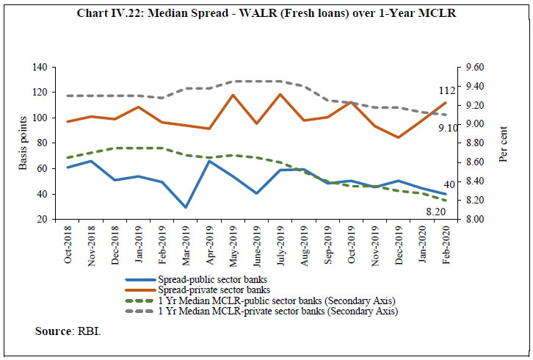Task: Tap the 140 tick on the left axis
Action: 38,68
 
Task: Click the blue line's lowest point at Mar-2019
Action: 186,207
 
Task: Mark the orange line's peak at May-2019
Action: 233,95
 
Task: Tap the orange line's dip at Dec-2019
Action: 398,137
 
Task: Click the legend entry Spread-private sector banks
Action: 213,290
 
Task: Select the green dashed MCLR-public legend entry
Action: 268,300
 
